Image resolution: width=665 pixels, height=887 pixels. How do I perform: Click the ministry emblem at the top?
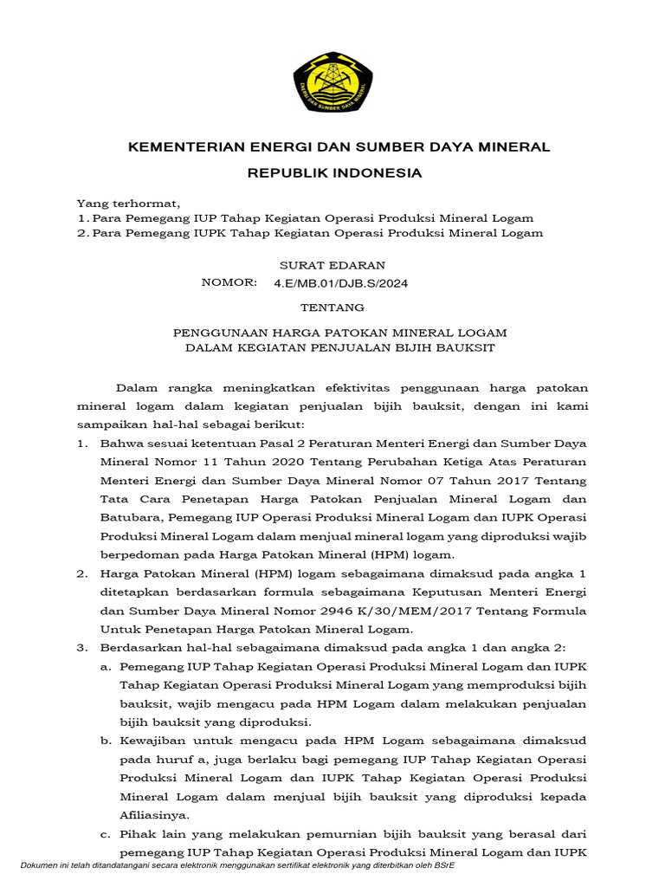[x=332, y=81]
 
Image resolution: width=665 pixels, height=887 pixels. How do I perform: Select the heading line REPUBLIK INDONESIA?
[x=335, y=173]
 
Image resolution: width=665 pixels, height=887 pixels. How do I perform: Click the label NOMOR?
[x=229, y=282]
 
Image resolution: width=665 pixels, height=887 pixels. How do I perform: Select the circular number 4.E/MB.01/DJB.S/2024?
[x=339, y=283]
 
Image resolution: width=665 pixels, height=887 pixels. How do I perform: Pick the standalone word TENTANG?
[x=332, y=308]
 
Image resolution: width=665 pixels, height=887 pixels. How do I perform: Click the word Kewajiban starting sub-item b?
[x=155, y=741]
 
